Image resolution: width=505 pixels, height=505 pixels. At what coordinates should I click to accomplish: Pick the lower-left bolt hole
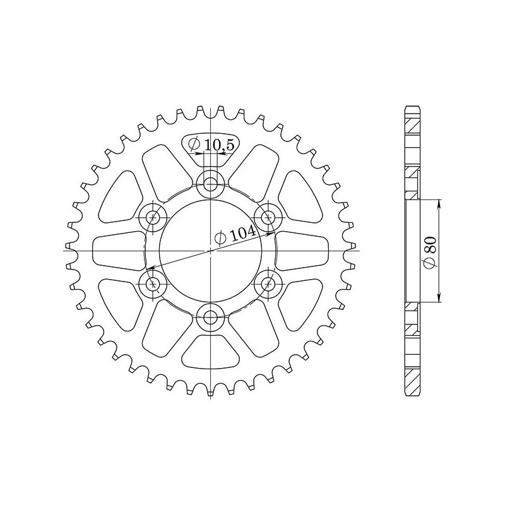pyautogui.click(x=152, y=285)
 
